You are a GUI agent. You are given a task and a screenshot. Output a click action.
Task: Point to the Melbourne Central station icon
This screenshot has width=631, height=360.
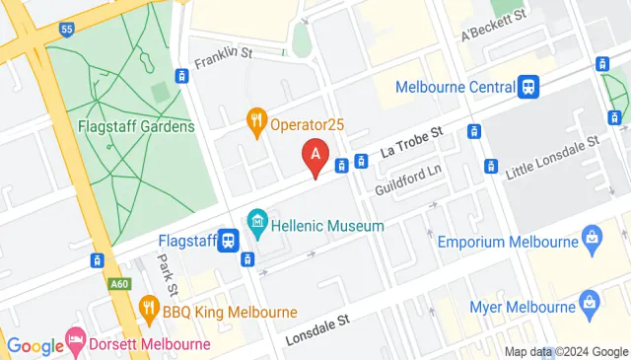pyautogui.click(x=529, y=86)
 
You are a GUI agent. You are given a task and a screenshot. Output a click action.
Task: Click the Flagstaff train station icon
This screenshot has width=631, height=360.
pyautogui.click(x=228, y=240)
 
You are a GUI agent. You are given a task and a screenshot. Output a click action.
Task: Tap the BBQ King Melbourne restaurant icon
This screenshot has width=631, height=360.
pyautogui.click(x=149, y=308)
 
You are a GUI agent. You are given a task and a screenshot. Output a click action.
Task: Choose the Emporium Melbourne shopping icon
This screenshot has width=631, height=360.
pyautogui.click(x=592, y=237)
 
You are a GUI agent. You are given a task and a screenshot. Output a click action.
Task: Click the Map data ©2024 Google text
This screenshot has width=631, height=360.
pyautogui.click(x=566, y=351)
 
